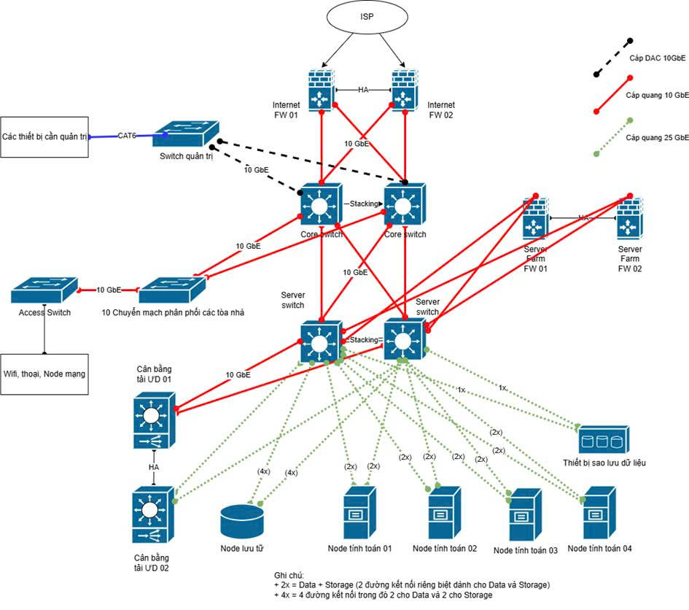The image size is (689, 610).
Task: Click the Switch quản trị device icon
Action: [x=186, y=134]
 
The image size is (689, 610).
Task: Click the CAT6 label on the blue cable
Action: [x=128, y=135]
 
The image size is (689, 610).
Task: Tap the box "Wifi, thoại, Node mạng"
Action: [x=44, y=374]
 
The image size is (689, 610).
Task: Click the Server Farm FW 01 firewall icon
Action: [x=537, y=220]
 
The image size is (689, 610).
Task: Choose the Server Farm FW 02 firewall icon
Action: [x=628, y=220]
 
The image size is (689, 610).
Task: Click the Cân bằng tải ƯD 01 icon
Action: [x=152, y=421]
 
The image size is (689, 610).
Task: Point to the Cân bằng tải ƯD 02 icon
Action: [x=152, y=514]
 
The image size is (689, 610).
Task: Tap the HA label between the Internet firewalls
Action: [x=363, y=90]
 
